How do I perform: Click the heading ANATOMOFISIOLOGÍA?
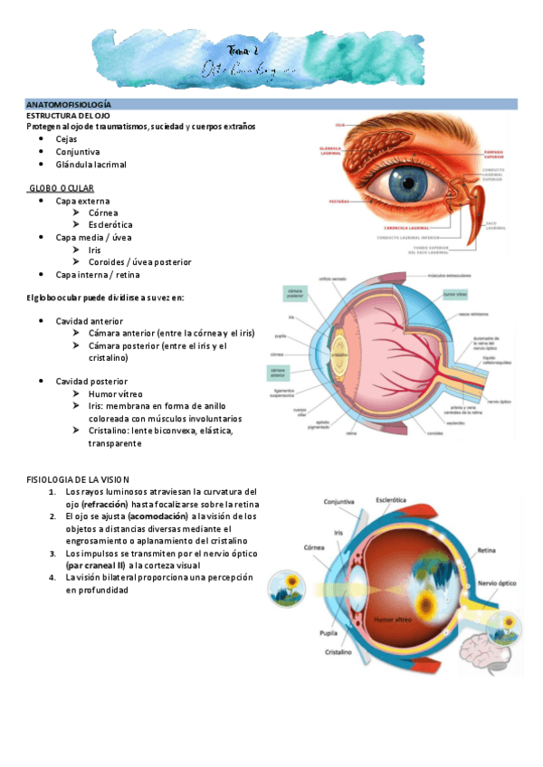pos(68,105)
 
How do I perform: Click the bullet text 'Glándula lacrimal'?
pos(91,165)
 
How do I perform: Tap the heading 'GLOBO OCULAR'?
pos(67,187)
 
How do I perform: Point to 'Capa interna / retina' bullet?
pos(98,274)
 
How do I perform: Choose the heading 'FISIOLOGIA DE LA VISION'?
pos(79,478)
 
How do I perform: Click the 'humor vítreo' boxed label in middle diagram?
pos(457,294)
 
